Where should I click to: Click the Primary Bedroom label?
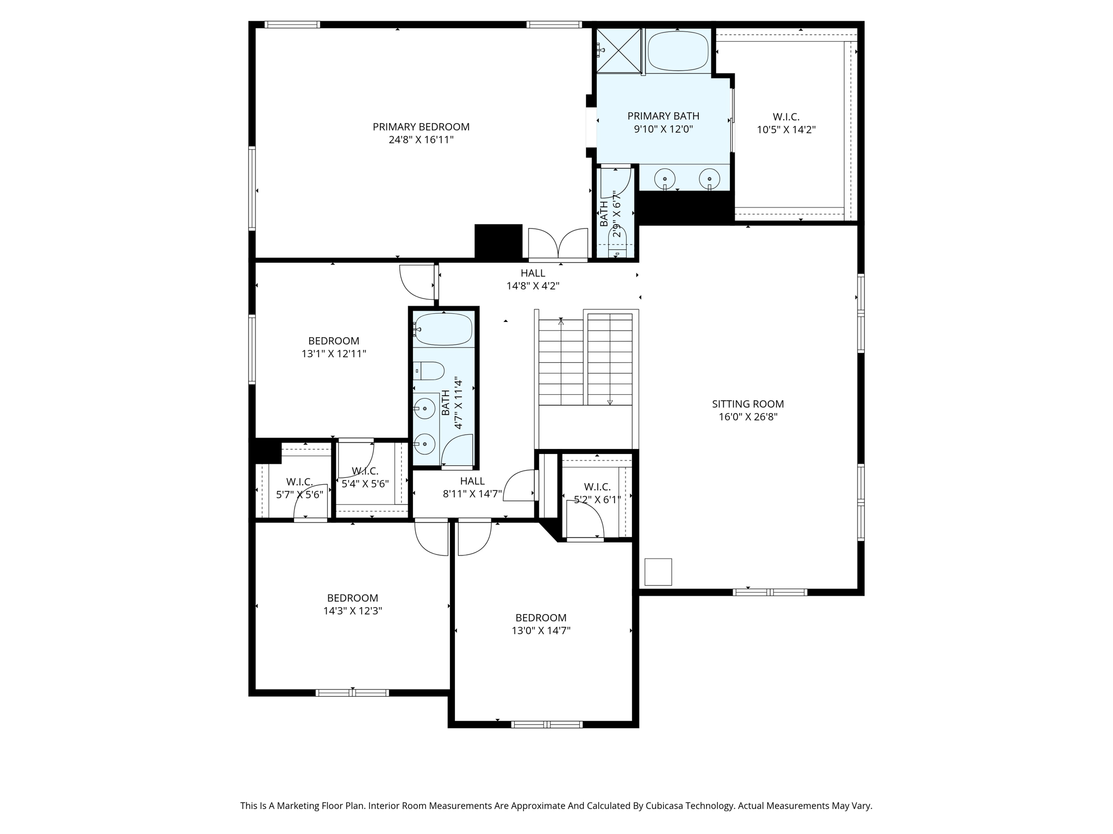[x=421, y=127]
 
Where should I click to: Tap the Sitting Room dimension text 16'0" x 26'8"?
[x=747, y=417]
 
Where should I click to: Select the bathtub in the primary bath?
[x=678, y=51]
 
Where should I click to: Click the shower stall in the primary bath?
[x=620, y=50]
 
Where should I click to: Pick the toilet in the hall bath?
[x=429, y=371]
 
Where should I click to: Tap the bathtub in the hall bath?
[x=443, y=329]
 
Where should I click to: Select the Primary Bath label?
[x=663, y=116]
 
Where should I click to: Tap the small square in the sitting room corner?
[x=658, y=572]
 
